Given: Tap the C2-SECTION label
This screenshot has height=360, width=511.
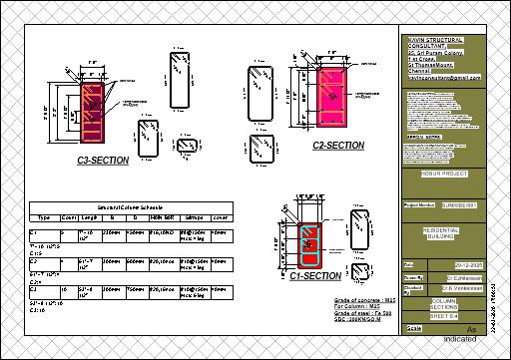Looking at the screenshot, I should tap(337, 146).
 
